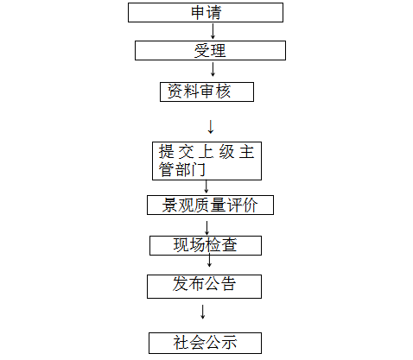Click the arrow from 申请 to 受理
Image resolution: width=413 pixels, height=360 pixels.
[x=213, y=31]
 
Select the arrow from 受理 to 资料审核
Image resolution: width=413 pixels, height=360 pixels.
[x=213, y=69]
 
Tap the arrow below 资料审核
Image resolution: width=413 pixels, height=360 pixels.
[x=211, y=127]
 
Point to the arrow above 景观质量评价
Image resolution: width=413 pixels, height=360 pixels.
[x=206, y=186]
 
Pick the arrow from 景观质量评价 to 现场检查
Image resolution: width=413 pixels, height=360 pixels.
[x=206, y=228]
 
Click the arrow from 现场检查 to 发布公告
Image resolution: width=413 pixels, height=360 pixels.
[x=209, y=260]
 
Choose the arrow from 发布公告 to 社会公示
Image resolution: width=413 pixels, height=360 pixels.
[x=203, y=312]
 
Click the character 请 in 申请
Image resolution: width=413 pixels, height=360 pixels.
[x=213, y=13]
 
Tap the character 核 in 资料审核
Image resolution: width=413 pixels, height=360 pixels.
[x=223, y=92]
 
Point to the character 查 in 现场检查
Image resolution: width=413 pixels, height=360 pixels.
[x=229, y=245]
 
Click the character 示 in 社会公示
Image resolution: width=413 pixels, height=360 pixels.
[x=229, y=343]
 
